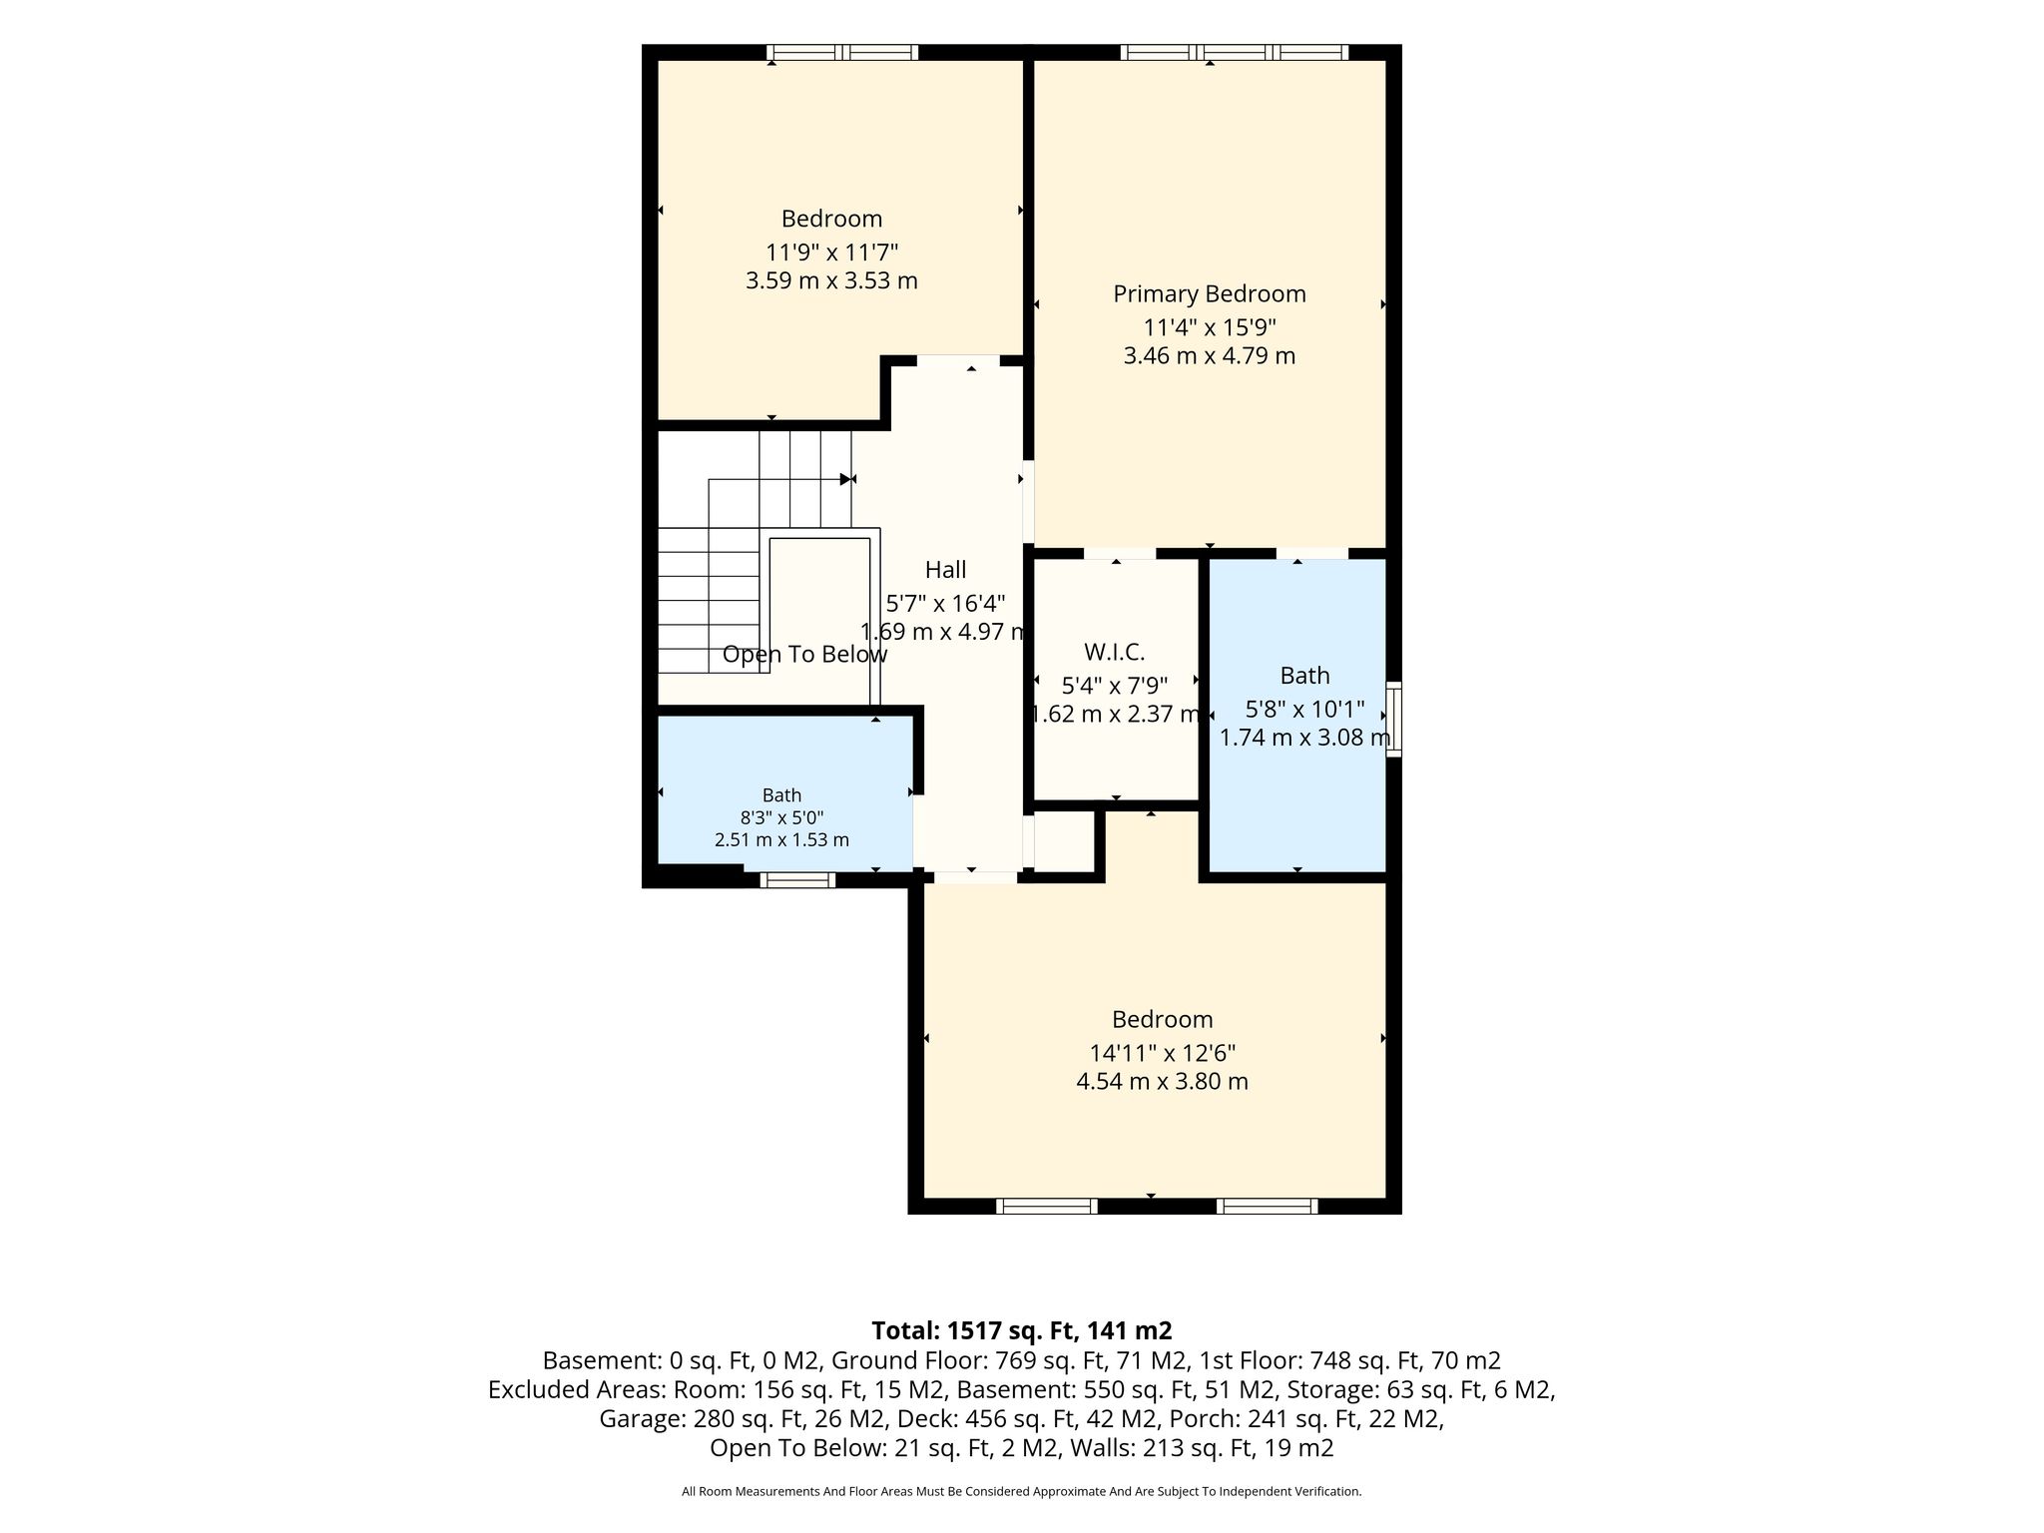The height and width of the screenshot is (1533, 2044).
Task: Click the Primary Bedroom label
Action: [1210, 294]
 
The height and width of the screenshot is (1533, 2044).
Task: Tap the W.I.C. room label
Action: [1114, 653]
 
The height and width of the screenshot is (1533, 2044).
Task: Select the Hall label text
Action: [945, 570]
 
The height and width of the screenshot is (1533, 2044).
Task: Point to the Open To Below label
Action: [804, 655]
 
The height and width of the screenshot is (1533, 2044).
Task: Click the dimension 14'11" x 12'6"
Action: [1163, 1053]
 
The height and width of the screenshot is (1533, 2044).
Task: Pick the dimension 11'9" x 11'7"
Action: [832, 252]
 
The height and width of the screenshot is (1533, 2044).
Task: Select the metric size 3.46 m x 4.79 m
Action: [1210, 356]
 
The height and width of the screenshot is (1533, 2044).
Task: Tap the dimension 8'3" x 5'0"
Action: [781, 817]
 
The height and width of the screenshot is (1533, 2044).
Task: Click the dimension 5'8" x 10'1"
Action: [1304, 710]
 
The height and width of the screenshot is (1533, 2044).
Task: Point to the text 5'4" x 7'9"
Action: [1114, 686]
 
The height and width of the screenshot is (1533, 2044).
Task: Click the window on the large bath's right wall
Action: [1394, 719]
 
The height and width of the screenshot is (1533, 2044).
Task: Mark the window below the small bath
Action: [797, 879]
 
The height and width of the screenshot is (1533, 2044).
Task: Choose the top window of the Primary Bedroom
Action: [1235, 52]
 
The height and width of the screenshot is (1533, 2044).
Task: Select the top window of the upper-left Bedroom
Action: [842, 52]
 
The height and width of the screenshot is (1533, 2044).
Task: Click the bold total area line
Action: [1022, 1330]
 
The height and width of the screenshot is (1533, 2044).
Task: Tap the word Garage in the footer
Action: [634, 1418]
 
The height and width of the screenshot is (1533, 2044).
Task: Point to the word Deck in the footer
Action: [920, 1418]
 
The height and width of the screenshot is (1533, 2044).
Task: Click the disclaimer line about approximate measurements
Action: [1022, 1491]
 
